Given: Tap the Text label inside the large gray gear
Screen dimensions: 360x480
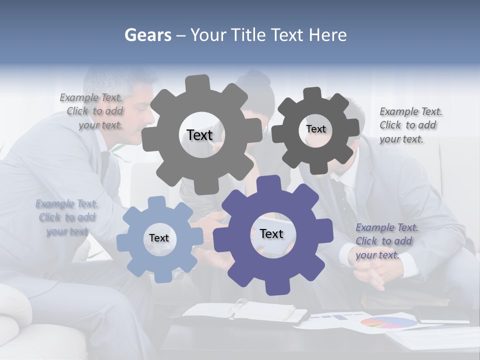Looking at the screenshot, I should click(199, 135).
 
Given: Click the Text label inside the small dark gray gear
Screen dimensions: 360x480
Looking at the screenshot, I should click(315, 129).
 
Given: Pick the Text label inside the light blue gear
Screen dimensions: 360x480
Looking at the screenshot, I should click(159, 238).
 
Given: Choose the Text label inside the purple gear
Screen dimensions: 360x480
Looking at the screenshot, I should click(271, 234).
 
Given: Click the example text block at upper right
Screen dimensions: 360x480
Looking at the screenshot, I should click(409, 125).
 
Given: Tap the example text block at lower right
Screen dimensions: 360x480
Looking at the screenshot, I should click(386, 241).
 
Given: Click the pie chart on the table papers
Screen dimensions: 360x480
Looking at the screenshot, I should click(388, 322).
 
